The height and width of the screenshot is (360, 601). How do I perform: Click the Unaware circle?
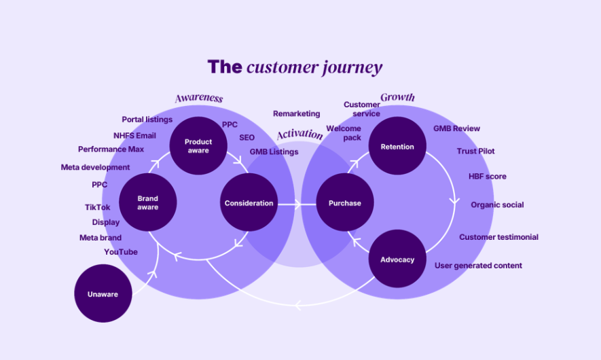(103, 293)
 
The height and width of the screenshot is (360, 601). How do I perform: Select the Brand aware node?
(148, 202)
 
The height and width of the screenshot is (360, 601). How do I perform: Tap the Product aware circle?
(198, 145)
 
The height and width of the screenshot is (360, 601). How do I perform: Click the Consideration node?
(249, 202)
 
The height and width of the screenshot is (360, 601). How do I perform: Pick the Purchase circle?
(344, 202)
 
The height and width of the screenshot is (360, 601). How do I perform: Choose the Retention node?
(397, 145)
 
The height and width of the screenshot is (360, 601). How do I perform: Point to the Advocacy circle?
(397, 259)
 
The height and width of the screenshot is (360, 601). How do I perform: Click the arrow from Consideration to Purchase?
(297, 204)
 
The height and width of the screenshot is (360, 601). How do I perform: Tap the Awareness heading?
(199, 98)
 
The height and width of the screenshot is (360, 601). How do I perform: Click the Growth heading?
(397, 97)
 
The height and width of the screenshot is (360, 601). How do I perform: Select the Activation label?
(299, 134)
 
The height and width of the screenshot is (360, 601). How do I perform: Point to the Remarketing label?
(296, 113)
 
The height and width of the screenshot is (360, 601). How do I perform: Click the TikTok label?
(97, 207)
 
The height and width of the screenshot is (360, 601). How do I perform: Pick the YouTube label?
(121, 252)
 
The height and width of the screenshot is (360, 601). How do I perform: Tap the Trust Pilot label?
(475, 151)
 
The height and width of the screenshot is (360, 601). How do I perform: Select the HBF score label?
(487, 177)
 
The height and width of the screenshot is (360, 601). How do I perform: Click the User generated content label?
(478, 266)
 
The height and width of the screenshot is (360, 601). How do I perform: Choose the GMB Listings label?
(274, 152)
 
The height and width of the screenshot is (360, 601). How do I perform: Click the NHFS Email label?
(134, 136)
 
